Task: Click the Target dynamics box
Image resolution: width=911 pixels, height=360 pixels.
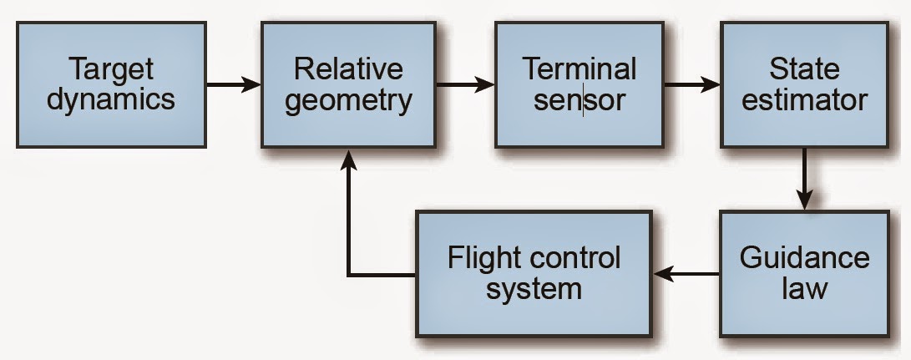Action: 111,85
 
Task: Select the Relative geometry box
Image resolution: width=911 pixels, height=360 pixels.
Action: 348,85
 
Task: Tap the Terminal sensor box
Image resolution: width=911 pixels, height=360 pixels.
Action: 579,85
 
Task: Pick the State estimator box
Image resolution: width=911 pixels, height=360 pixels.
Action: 804,85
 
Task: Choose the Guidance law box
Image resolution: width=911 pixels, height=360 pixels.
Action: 804,274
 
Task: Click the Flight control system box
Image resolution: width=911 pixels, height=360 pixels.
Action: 534,274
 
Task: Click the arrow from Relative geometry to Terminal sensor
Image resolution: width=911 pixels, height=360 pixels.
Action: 465,85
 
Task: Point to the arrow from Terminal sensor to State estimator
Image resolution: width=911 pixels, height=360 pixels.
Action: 691,85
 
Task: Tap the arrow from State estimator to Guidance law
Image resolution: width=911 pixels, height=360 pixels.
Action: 804,180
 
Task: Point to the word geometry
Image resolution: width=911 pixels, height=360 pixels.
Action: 348,101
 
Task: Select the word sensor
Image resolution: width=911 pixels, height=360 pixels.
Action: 579,101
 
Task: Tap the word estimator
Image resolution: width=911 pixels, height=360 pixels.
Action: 804,101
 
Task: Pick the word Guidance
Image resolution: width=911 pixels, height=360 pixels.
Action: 804,257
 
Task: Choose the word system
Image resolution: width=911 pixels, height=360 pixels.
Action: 534,290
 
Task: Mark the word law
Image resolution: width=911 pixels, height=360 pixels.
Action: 804,290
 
